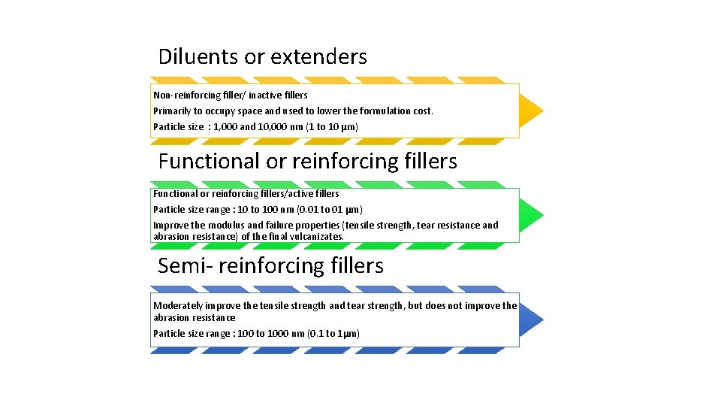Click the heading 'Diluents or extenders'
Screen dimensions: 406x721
(262, 57)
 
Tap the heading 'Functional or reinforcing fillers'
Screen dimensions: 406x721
(307, 161)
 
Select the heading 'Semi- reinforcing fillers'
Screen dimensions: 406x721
(270, 265)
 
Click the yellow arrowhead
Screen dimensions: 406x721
(531, 111)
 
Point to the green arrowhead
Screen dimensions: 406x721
(531, 215)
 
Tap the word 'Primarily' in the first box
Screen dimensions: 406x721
(171, 111)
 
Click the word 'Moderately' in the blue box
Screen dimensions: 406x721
(178, 306)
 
